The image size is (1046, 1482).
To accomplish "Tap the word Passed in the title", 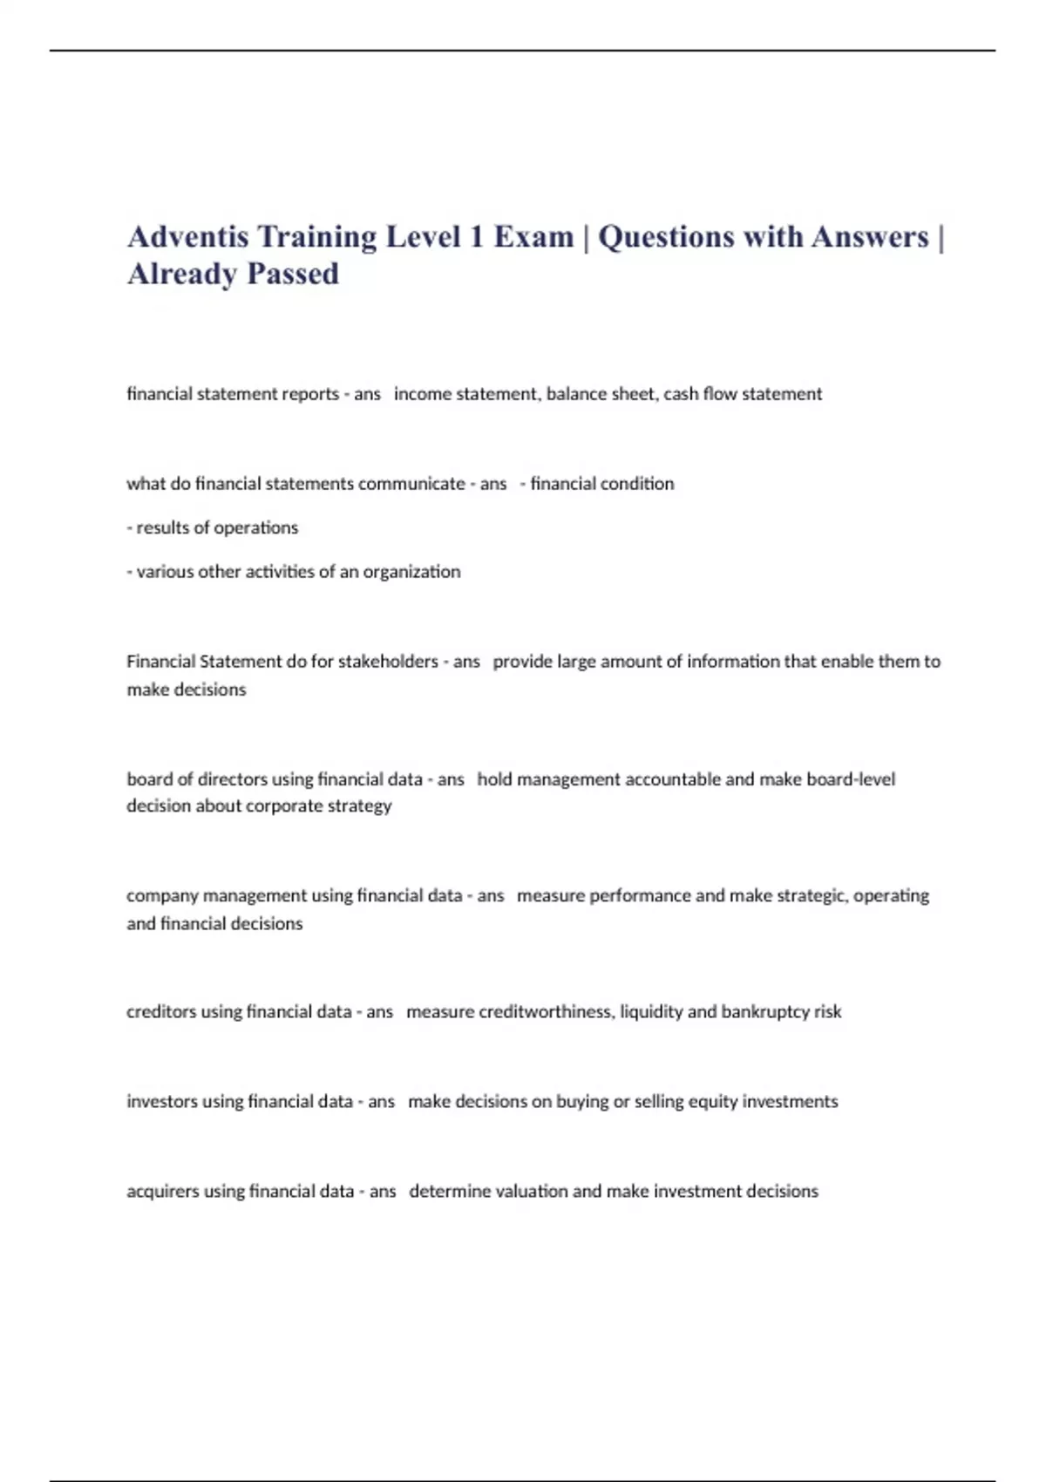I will [293, 274].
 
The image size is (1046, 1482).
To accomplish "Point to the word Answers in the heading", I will [869, 236].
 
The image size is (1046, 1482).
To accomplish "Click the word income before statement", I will [421, 394].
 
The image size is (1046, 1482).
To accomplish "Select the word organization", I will [411, 572].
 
